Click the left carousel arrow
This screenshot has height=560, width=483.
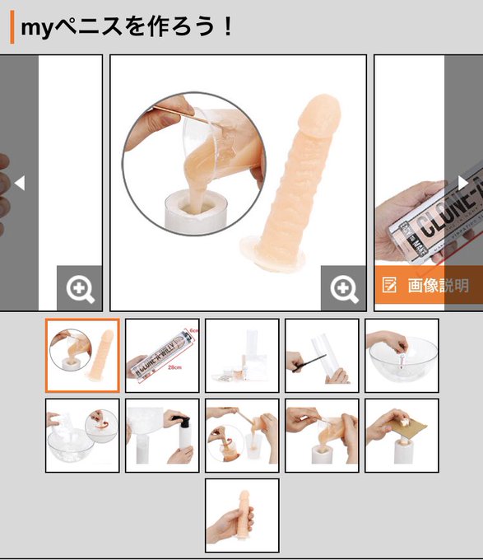(20, 183)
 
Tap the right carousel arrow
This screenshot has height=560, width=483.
(463, 183)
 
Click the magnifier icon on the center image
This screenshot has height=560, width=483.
(343, 288)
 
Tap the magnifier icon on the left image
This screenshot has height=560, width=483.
(80, 288)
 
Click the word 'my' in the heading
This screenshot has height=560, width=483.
(37, 27)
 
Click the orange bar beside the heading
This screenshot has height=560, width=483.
(12, 27)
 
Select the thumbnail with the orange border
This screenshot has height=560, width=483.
(82, 356)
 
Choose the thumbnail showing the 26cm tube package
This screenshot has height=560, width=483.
(162, 356)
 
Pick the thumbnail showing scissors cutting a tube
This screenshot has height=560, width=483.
(322, 356)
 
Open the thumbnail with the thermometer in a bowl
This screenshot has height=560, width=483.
(402, 356)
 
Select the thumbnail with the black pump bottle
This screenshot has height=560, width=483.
(162, 436)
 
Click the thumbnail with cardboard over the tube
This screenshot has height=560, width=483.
(402, 436)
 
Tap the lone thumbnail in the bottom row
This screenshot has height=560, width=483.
(242, 516)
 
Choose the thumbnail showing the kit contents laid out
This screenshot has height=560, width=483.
(242, 356)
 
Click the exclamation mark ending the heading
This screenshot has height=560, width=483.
(227, 27)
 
